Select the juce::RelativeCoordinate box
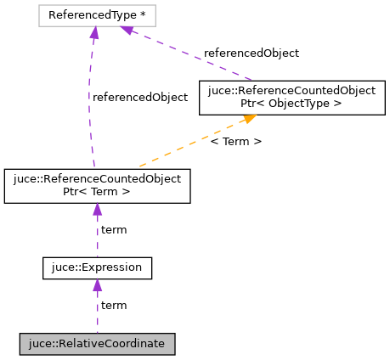[97, 344]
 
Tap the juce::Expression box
[97, 269]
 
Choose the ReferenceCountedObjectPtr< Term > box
[97, 186]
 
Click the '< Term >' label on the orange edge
[235, 141]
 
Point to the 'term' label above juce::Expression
[114, 230]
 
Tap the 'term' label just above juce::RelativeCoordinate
[114, 305]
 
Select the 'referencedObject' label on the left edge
[139, 97]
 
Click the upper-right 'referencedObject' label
[251, 53]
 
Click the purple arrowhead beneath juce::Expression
[97, 286]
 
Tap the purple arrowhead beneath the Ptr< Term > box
[97, 210]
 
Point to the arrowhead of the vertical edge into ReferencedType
[94, 33]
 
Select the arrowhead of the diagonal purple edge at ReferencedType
[127, 31]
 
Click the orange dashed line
[187, 147]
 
